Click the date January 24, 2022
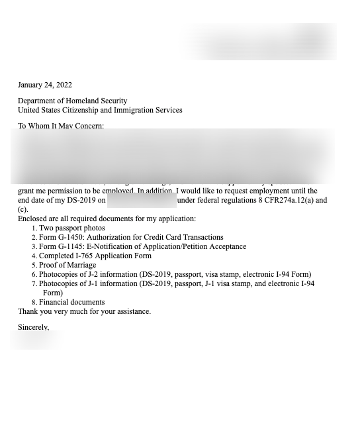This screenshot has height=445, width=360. [x=45, y=85]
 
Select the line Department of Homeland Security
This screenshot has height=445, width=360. [x=73, y=101]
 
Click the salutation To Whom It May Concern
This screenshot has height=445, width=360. [x=61, y=126]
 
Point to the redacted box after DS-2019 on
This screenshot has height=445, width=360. [x=142, y=200]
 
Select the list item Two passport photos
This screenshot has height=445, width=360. [x=71, y=228]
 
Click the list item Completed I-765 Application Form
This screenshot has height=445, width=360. [x=95, y=256]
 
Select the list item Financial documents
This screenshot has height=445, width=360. [x=71, y=302]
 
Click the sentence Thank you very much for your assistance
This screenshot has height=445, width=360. [x=84, y=311]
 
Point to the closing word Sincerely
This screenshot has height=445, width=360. [x=33, y=327]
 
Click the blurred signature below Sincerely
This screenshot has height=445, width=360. [x=36, y=340]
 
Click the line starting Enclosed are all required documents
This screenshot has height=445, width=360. [x=107, y=219]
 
